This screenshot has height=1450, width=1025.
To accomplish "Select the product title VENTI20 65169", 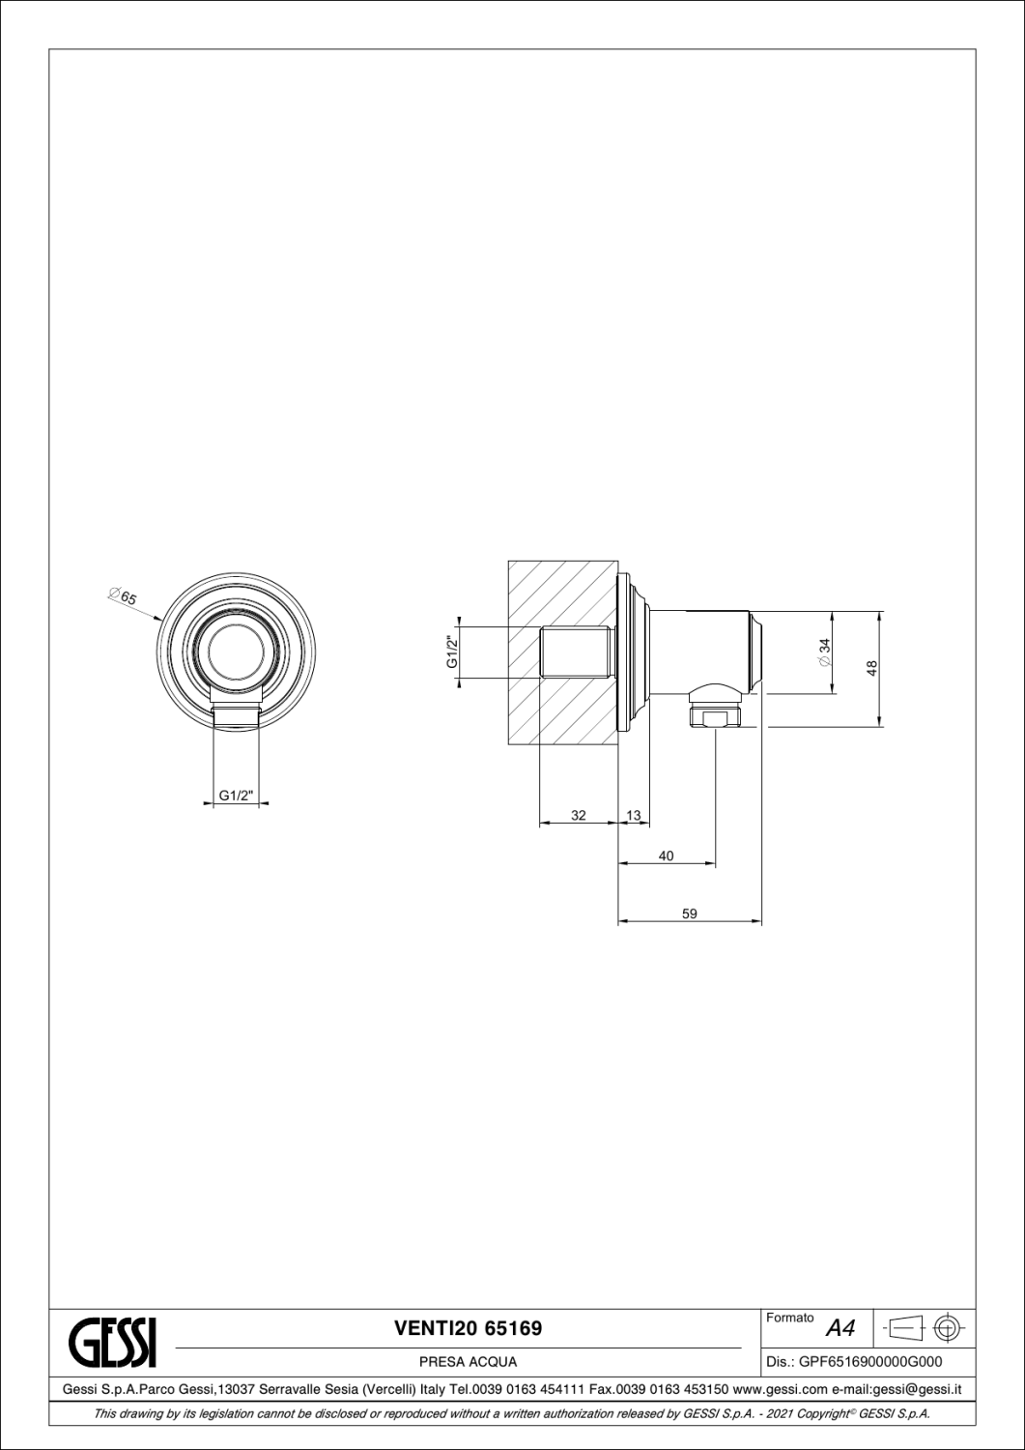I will click(468, 1328).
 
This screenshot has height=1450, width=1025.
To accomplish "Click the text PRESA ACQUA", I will click(468, 1362).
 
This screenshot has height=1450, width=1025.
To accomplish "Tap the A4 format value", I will click(840, 1329).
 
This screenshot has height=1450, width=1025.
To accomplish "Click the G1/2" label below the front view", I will click(235, 796).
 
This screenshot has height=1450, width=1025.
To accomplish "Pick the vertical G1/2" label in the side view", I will click(451, 653).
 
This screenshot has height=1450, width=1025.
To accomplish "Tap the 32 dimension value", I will click(578, 815).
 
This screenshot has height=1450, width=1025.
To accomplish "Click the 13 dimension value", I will click(634, 815).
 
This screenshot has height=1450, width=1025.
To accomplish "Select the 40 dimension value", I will click(666, 855).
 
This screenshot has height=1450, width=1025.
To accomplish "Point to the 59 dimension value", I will click(689, 913).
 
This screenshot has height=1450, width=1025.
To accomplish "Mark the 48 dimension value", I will click(871, 667).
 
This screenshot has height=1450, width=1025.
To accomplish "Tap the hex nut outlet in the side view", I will click(715, 717).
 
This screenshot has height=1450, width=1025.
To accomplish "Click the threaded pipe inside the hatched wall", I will click(577, 653).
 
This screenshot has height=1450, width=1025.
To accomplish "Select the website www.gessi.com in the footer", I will click(773, 1390).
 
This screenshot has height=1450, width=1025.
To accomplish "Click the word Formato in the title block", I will click(789, 1318).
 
